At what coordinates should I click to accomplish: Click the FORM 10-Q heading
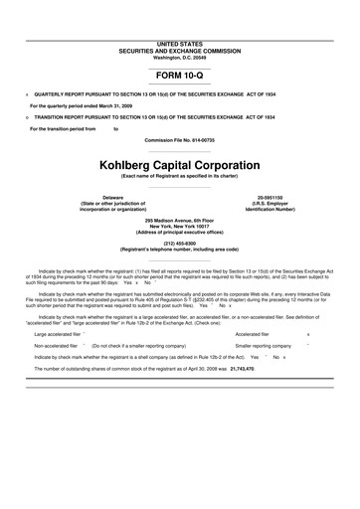pos(179,74)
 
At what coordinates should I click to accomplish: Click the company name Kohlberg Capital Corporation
pos(179,164)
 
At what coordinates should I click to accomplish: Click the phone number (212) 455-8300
pos(179,242)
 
